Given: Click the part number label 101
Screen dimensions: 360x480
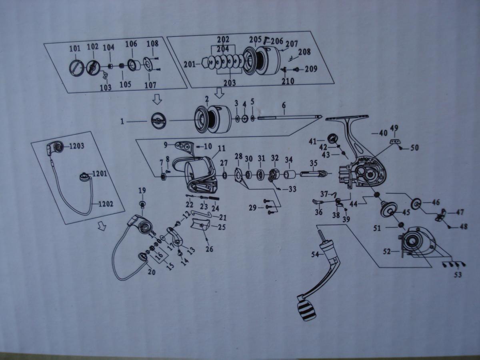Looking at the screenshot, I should click(75, 49).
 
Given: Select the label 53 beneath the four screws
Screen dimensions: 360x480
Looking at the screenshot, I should click(458, 275).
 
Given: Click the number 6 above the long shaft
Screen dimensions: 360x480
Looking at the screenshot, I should click(284, 105).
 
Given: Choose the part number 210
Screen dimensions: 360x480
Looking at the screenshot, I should click(288, 81).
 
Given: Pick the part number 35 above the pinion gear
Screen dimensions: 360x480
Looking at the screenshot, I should click(313, 163).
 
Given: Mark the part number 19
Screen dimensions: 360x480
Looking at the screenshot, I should click(142, 190).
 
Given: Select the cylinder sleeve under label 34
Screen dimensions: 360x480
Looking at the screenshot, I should click(289, 175).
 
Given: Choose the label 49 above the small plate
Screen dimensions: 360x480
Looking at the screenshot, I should click(394, 128).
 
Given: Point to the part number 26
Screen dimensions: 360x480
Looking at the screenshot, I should click(209, 249).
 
